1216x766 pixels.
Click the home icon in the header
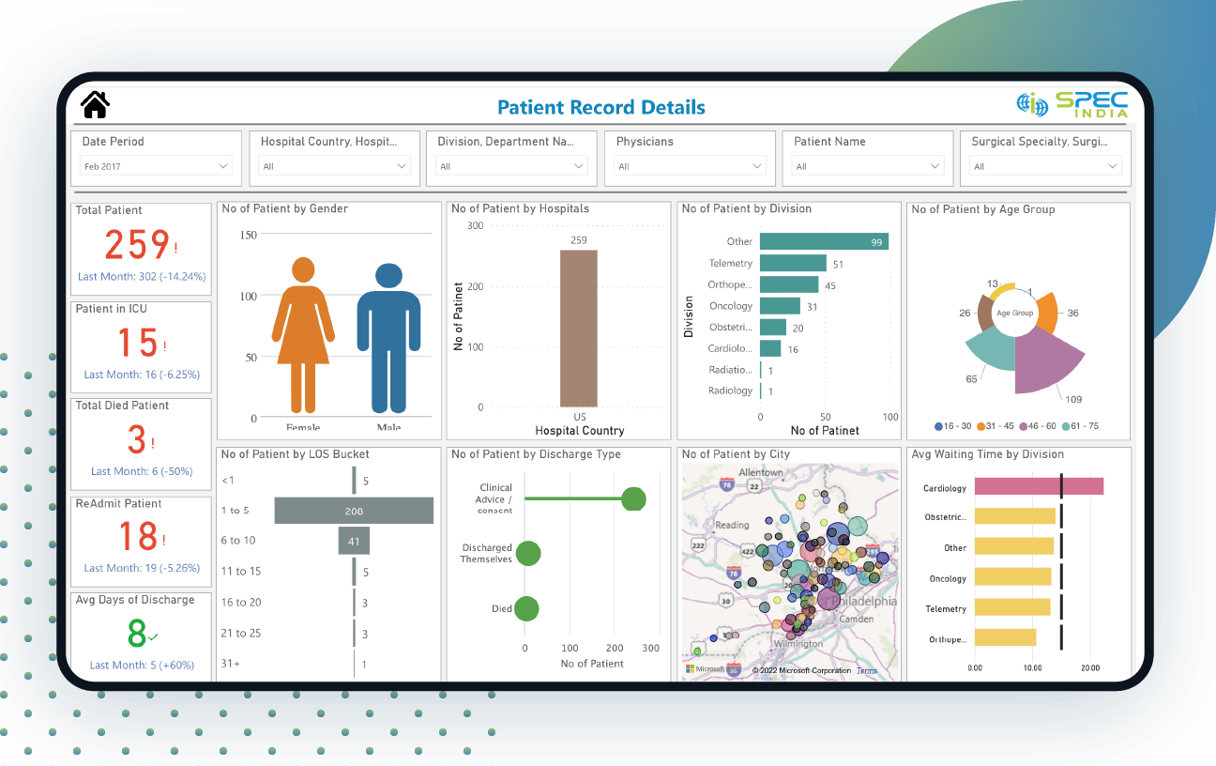(96, 104)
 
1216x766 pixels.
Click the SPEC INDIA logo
(1072, 104)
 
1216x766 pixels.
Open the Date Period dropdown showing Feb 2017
(156, 166)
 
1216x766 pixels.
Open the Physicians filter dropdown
(690, 166)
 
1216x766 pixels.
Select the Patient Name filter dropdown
(868, 166)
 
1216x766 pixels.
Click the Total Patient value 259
(137, 245)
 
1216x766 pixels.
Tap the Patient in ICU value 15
(137, 343)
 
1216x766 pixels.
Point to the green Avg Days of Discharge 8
(137, 634)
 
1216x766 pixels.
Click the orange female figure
(303, 338)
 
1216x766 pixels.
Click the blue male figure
(388, 338)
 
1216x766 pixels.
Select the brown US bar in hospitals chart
(578, 329)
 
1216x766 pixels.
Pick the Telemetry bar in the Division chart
(793, 264)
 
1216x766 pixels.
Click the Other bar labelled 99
(823, 242)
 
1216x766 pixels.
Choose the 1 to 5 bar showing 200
(354, 511)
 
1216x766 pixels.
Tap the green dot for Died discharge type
(526, 609)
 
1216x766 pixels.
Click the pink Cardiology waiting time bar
(1038, 486)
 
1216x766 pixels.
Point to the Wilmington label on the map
(799, 644)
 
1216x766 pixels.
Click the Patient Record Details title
(600, 107)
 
